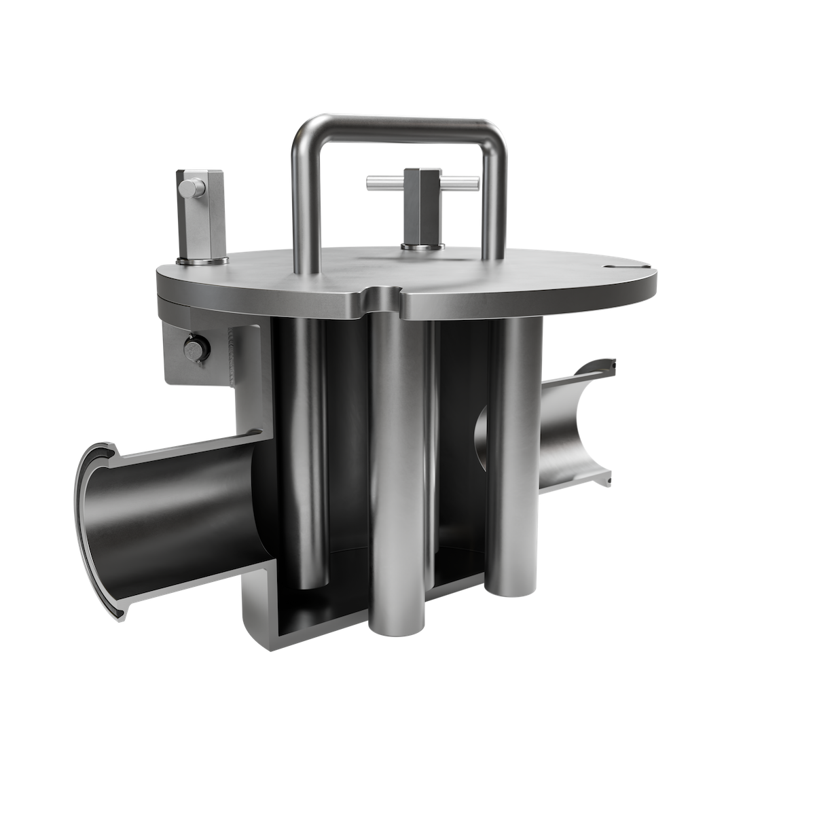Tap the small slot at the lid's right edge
click(x=621, y=267)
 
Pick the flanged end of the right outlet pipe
click(x=604, y=421)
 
